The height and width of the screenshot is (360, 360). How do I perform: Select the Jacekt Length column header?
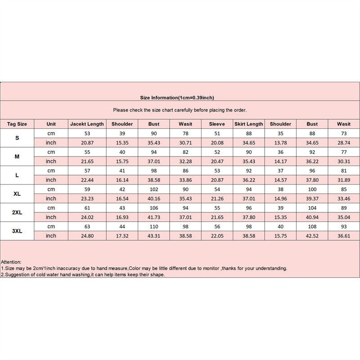[x=87, y=124]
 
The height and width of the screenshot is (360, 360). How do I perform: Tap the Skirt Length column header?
[x=248, y=124]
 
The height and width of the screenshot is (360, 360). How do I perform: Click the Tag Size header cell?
[x=17, y=124]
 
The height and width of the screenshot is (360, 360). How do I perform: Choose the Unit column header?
[x=51, y=124]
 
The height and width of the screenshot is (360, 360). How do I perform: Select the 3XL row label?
[x=17, y=230]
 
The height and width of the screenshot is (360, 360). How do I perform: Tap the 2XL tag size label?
[x=17, y=212]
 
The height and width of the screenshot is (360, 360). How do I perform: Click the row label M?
[x=17, y=157]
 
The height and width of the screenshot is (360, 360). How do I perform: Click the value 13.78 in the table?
[x=280, y=143]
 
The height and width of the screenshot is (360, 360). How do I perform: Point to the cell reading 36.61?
[x=344, y=235]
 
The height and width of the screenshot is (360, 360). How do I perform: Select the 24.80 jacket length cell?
[x=87, y=235]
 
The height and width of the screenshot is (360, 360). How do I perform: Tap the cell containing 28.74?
[x=344, y=143]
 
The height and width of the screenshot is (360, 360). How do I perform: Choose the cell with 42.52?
[x=312, y=235]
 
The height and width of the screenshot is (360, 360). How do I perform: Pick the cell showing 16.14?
[x=122, y=180]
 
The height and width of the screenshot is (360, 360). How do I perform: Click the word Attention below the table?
[x=11, y=261]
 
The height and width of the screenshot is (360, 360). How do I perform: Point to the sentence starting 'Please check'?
[x=180, y=110]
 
